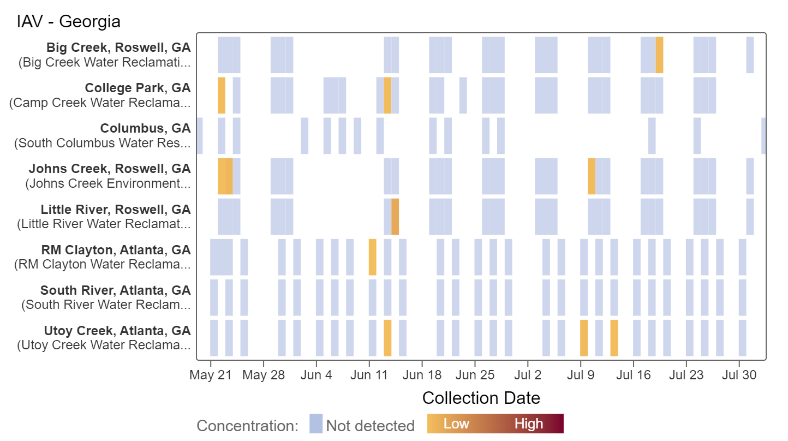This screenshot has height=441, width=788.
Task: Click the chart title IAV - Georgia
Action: pos(69,22)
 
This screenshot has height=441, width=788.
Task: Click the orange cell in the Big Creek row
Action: pos(659,55)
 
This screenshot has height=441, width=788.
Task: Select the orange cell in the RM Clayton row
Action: pos(372,257)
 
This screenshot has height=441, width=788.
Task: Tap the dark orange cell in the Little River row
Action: pos(395,217)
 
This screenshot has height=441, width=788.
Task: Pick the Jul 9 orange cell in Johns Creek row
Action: pos(591,176)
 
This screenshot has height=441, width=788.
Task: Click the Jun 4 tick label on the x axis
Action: pos(316,376)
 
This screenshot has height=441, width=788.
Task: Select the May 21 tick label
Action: pos(211,376)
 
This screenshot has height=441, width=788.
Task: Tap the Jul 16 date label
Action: pos(633,376)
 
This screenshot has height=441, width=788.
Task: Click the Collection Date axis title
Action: pos(481,398)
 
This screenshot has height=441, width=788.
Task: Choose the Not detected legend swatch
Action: pos(316,424)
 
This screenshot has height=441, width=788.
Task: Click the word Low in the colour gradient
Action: pos(456,424)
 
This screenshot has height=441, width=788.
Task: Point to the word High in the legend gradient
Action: pos(528,424)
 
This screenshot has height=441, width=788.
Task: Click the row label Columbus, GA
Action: pos(145,128)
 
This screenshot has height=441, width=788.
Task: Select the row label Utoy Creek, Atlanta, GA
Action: pos(117,331)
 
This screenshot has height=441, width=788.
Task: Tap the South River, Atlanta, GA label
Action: pos(116,290)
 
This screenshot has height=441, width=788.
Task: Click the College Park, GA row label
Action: pos(138,88)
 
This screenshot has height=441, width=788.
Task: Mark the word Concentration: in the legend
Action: pos(248,426)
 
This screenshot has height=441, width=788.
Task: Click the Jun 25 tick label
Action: pos(475,376)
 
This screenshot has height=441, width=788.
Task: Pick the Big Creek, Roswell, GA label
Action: pos(118,47)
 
